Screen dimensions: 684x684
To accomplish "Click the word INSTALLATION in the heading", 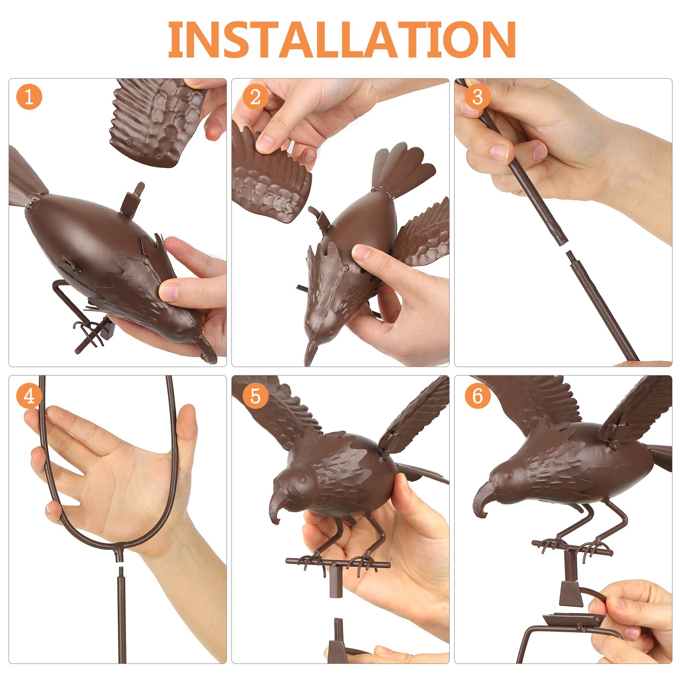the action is coord(342,39).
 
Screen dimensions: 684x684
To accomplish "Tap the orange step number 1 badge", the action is coord(29,97).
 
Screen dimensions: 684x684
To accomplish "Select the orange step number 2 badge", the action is coord(255,97).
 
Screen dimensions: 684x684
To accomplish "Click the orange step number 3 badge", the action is coord(478,97).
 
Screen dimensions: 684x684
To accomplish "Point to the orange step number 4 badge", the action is coord(29,396).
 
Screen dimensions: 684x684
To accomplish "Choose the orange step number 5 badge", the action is coord(255,396).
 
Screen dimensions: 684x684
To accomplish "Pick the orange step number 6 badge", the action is coord(478,396).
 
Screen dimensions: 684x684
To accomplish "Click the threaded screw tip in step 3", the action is coord(570,256).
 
